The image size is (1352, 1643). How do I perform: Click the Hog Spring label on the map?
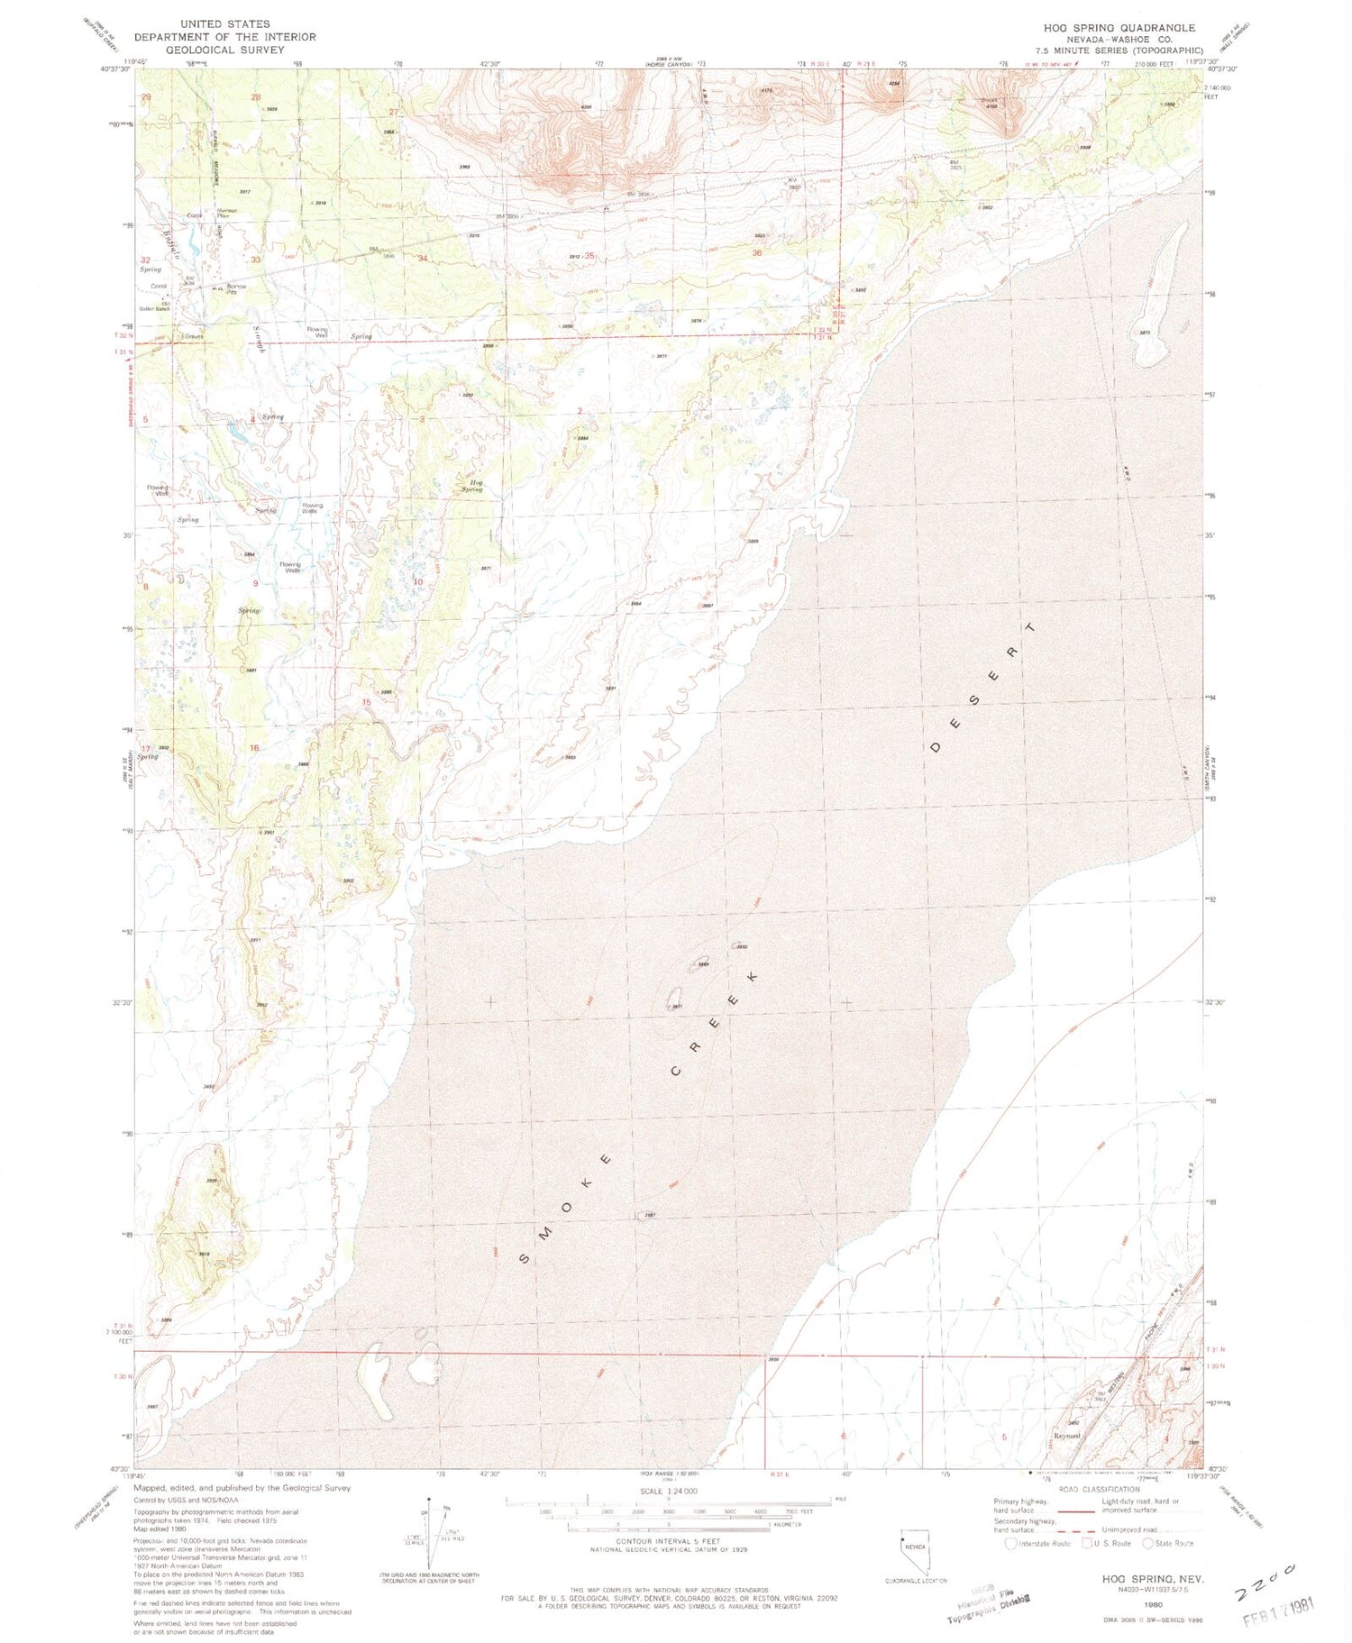point(472,486)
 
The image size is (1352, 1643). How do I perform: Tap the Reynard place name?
point(1067,1436)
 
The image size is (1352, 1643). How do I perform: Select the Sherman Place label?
point(226,213)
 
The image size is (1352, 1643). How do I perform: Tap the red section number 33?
point(256,260)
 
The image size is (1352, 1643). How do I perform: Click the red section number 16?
point(255,748)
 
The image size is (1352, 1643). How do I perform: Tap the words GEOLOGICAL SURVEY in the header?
point(225,50)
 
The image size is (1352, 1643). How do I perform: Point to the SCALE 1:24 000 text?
point(667,1492)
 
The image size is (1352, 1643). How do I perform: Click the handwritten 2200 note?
point(1265,1579)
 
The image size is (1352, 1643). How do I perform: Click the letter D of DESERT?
point(936,747)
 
